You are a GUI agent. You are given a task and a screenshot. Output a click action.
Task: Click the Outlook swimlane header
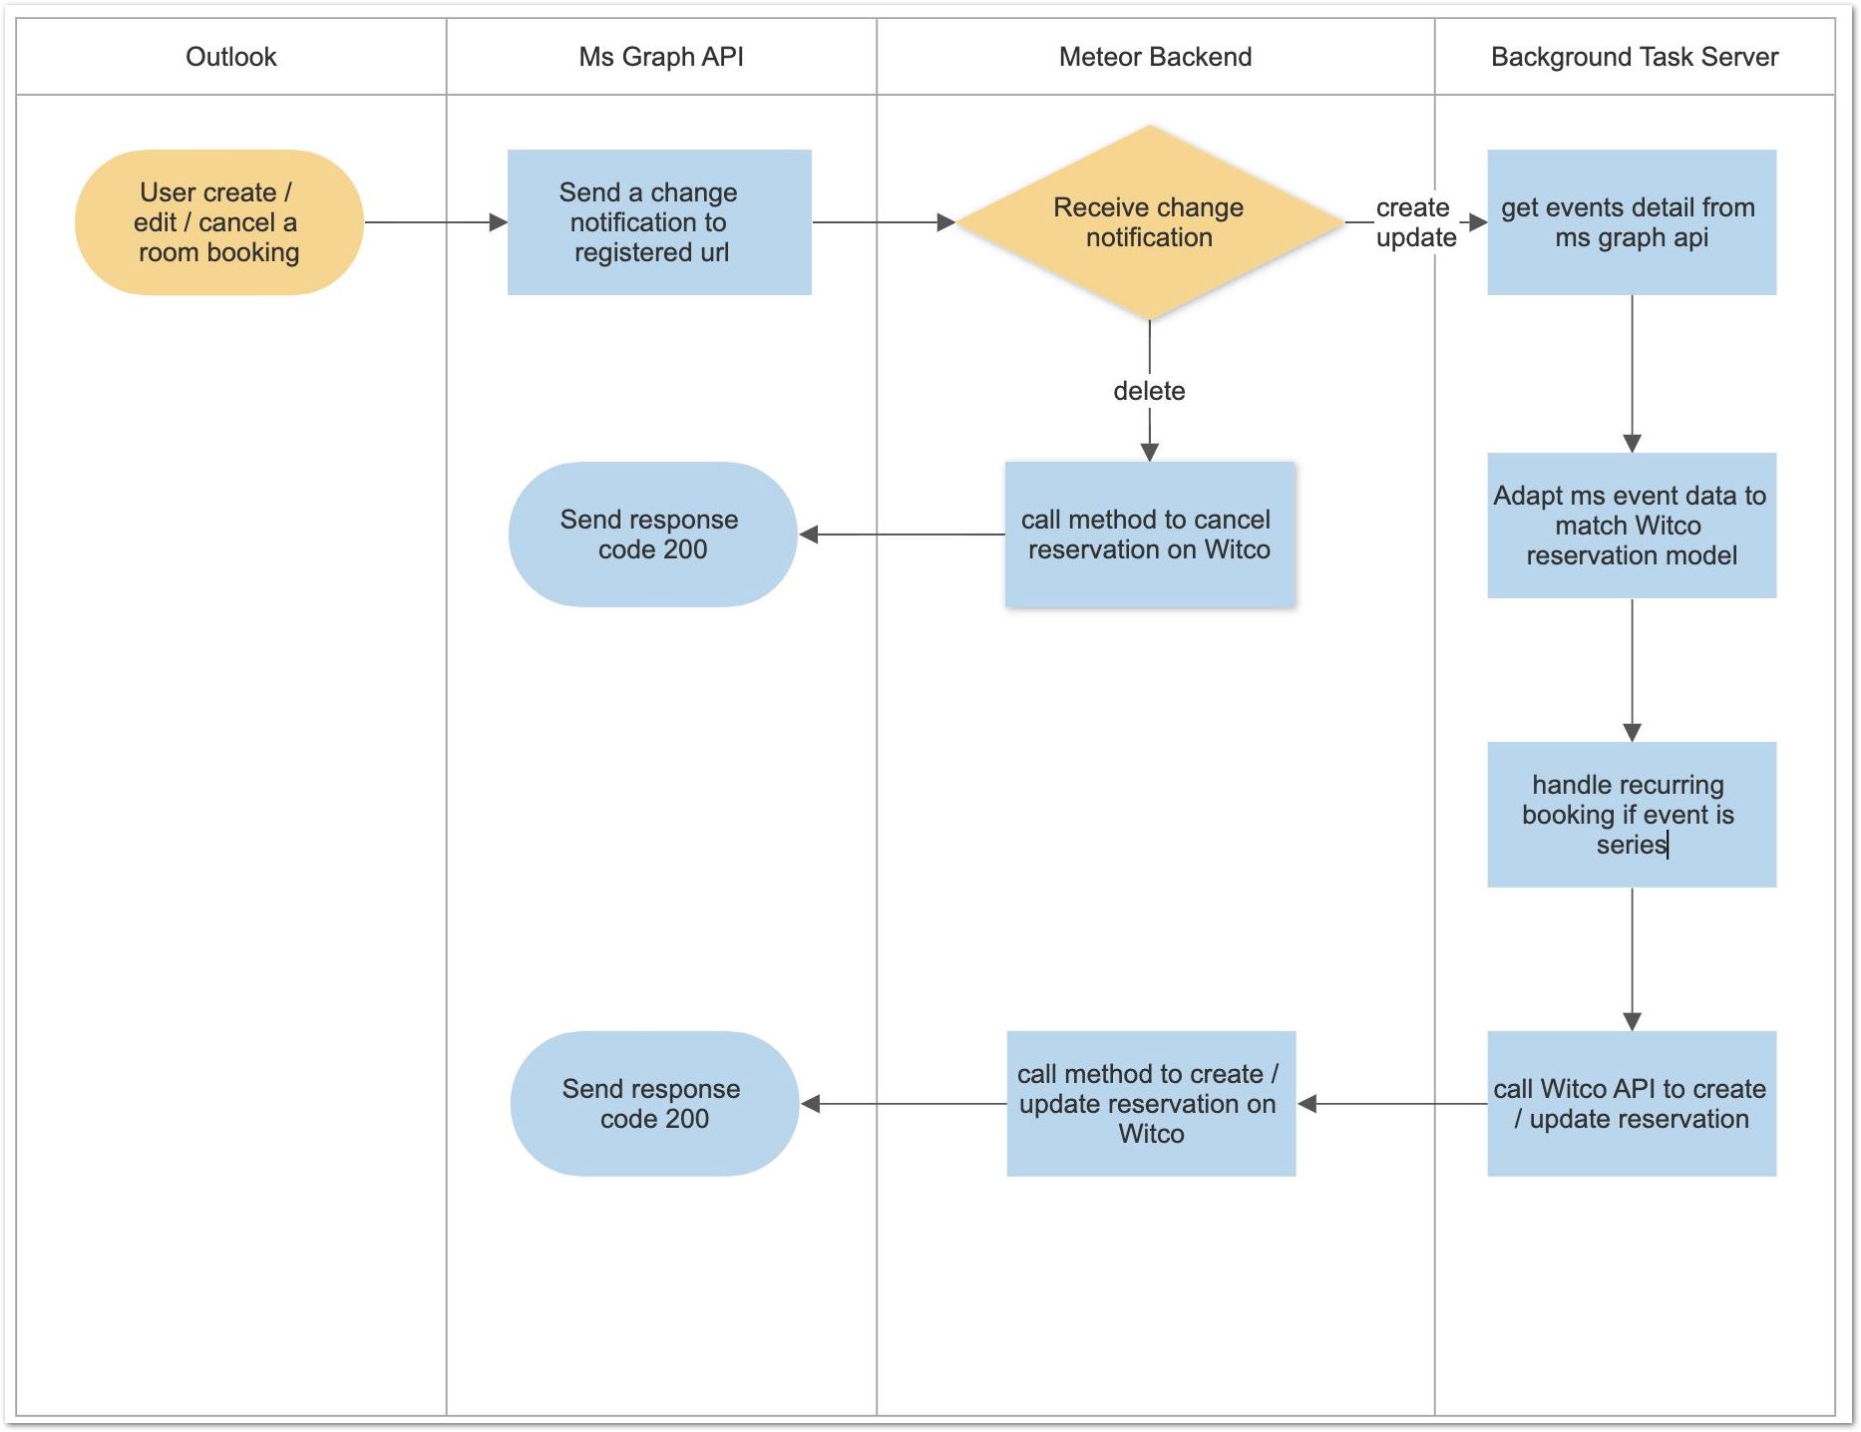(x=230, y=57)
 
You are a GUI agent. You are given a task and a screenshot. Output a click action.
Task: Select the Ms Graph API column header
(x=661, y=57)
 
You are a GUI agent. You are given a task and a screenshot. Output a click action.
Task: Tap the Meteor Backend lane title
(x=1155, y=57)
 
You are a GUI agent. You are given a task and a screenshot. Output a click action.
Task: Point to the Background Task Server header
(x=1634, y=57)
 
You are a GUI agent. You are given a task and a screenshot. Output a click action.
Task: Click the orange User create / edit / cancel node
(x=218, y=222)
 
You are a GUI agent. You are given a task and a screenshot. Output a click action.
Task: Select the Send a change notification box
(x=658, y=222)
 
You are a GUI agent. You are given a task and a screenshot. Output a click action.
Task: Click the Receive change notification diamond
(x=1149, y=222)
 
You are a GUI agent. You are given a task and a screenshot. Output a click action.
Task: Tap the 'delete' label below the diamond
(x=1149, y=391)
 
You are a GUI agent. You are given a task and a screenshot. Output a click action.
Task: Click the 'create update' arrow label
(x=1415, y=222)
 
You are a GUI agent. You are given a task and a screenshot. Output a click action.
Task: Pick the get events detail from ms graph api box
(x=1631, y=222)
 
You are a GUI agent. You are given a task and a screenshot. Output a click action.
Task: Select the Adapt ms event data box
(x=1631, y=526)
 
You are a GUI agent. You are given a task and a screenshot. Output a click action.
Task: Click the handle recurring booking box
(x=1631, y=815)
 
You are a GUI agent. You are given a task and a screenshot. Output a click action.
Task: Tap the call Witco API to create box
(x=1631, y=1104)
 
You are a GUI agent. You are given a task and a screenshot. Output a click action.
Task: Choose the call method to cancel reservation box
(x=1149, y=535)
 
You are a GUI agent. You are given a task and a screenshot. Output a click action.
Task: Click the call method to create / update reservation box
(x=1150, y=1104)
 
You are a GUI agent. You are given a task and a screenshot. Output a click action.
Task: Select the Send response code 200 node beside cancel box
(x=652, y=535)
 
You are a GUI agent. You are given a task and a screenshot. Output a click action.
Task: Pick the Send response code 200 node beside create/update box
(x=654, y=1104)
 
